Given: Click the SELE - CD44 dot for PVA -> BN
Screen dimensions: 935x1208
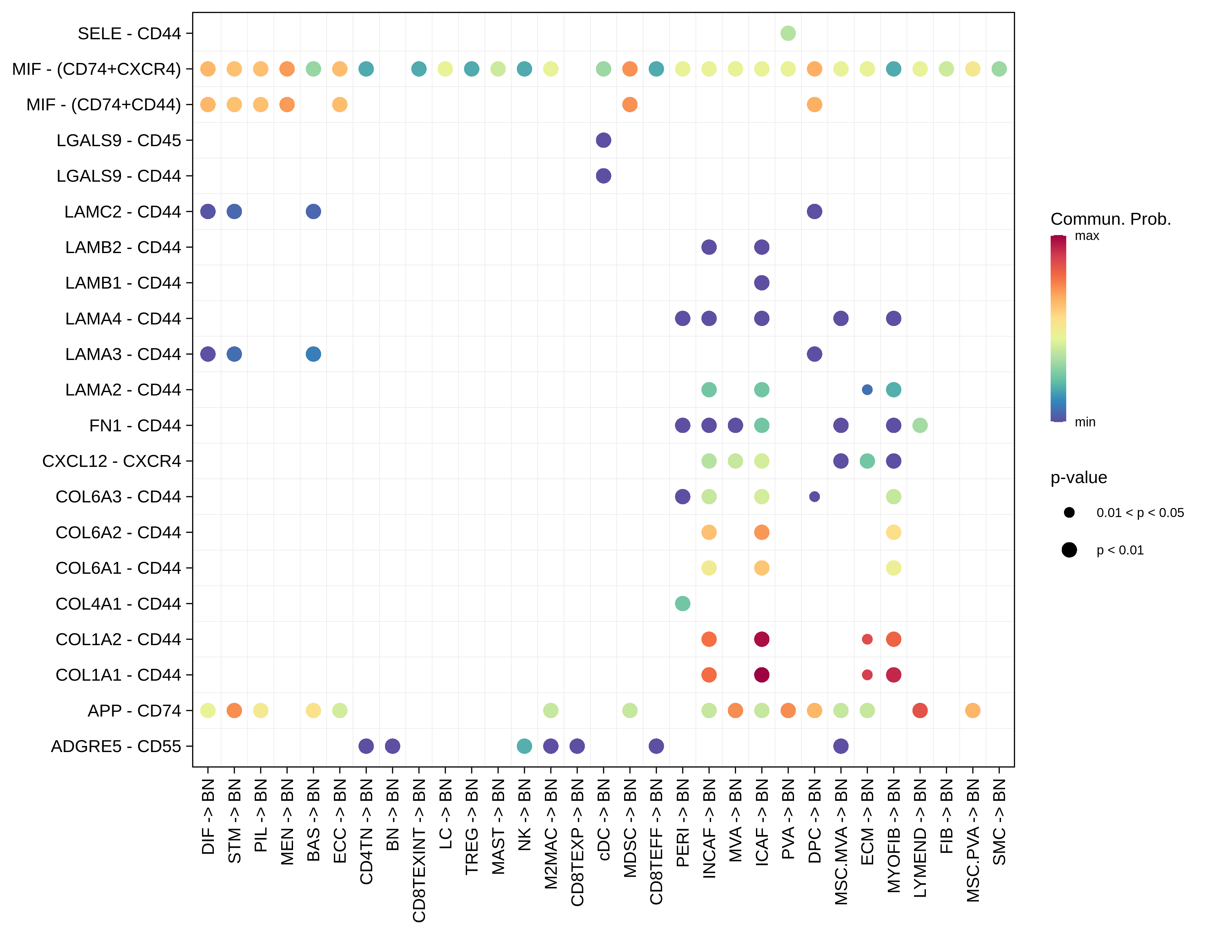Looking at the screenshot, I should click(788, 33).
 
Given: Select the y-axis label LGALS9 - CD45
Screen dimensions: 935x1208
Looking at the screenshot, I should click(118, 141).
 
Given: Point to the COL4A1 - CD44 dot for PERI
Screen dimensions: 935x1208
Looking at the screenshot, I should click(682, 603).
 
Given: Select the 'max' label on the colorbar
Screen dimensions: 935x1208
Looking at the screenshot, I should click(1087, 236).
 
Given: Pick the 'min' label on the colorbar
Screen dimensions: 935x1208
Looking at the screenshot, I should click(1085, 422).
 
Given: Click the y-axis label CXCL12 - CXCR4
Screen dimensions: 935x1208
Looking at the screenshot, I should click(111, 461).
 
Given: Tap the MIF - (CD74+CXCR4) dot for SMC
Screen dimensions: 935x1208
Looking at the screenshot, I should click(999, 69).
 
